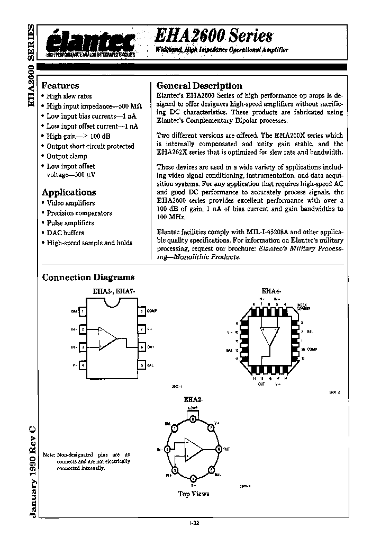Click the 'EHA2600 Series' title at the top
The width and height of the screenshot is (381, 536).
tap(214, 35)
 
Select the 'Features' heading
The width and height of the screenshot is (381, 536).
tap(60, 85)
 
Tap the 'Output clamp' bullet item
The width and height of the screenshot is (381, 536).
tap(67, 156)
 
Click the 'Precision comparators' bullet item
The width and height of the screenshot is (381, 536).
tap(79, 213)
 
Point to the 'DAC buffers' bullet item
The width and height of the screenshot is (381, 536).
tap(65, 233)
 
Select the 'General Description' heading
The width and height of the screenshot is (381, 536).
tap(199, 85)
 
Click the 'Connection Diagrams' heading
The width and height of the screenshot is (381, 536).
tap(88, 277)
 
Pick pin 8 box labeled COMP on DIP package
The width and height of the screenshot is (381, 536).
tap(141, 311)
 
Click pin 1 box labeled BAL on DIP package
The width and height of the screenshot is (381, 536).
tap(83, 311)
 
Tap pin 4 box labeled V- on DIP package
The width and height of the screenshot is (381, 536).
tap(83, 365)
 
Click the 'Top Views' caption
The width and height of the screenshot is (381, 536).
tap(194, 494)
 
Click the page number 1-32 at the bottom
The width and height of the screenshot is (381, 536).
tap(194, 523)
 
